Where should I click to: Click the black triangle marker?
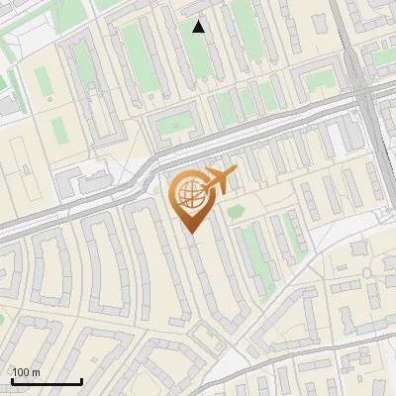pos(199,27)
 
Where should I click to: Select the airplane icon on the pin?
pos(218,180)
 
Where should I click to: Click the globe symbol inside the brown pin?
pos(189,192)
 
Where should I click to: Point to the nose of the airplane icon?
pos(236,170)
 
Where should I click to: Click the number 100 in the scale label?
pos(21,372)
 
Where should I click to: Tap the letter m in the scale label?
pos(35,372)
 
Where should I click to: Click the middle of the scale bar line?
pos(47,381)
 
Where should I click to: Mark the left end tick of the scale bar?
pos(12,380)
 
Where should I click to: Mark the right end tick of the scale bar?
pos(81,380)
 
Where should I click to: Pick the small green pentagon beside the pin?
pos(235,211)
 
